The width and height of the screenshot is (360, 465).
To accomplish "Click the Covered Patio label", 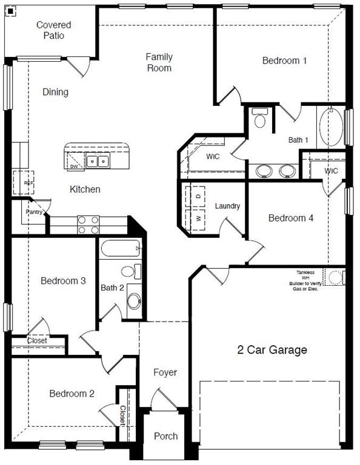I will [x=53, y=30].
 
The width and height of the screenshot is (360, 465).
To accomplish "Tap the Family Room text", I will [x=159, y=62].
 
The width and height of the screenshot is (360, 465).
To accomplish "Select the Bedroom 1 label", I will [x=284, y=61].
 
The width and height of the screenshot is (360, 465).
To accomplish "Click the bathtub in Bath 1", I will [x=331, y=127].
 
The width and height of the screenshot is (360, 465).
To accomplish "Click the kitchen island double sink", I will [x=97, y=161].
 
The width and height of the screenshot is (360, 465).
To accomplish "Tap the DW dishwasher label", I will [x=74, y=166].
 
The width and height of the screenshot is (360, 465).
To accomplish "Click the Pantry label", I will [x=33, y=212].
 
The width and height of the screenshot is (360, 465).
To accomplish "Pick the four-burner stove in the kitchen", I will [x=88, y=225].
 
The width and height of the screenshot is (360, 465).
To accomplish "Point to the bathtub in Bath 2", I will [x=121, y=248].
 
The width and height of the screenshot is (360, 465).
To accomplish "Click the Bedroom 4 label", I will [x=291, y=218].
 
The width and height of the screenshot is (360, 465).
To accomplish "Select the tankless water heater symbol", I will [x=334, y=277].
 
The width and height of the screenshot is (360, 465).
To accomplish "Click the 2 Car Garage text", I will [x=272, y=350].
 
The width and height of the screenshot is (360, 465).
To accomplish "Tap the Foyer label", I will [x=165, y=372].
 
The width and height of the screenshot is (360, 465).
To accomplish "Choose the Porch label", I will [x=165, y=436].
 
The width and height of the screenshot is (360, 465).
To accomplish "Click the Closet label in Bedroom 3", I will [x=37, y=341].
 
